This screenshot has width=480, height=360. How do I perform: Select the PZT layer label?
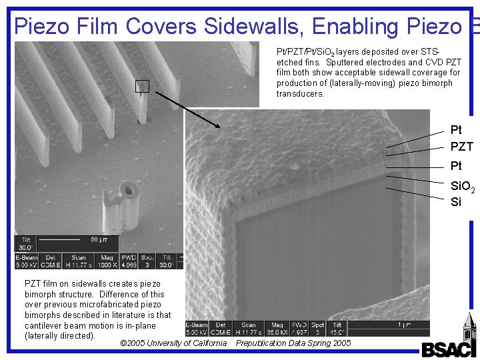[461, 146]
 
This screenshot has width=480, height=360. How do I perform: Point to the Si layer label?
[456, 202]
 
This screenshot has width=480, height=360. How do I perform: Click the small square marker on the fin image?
[142, 86]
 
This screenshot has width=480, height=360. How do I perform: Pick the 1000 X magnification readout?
[106, 265]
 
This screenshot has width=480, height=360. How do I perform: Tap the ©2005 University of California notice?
[173, 343]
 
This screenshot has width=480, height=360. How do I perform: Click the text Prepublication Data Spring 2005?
[293, 343]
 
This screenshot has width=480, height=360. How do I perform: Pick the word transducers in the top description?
[301, 94]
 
